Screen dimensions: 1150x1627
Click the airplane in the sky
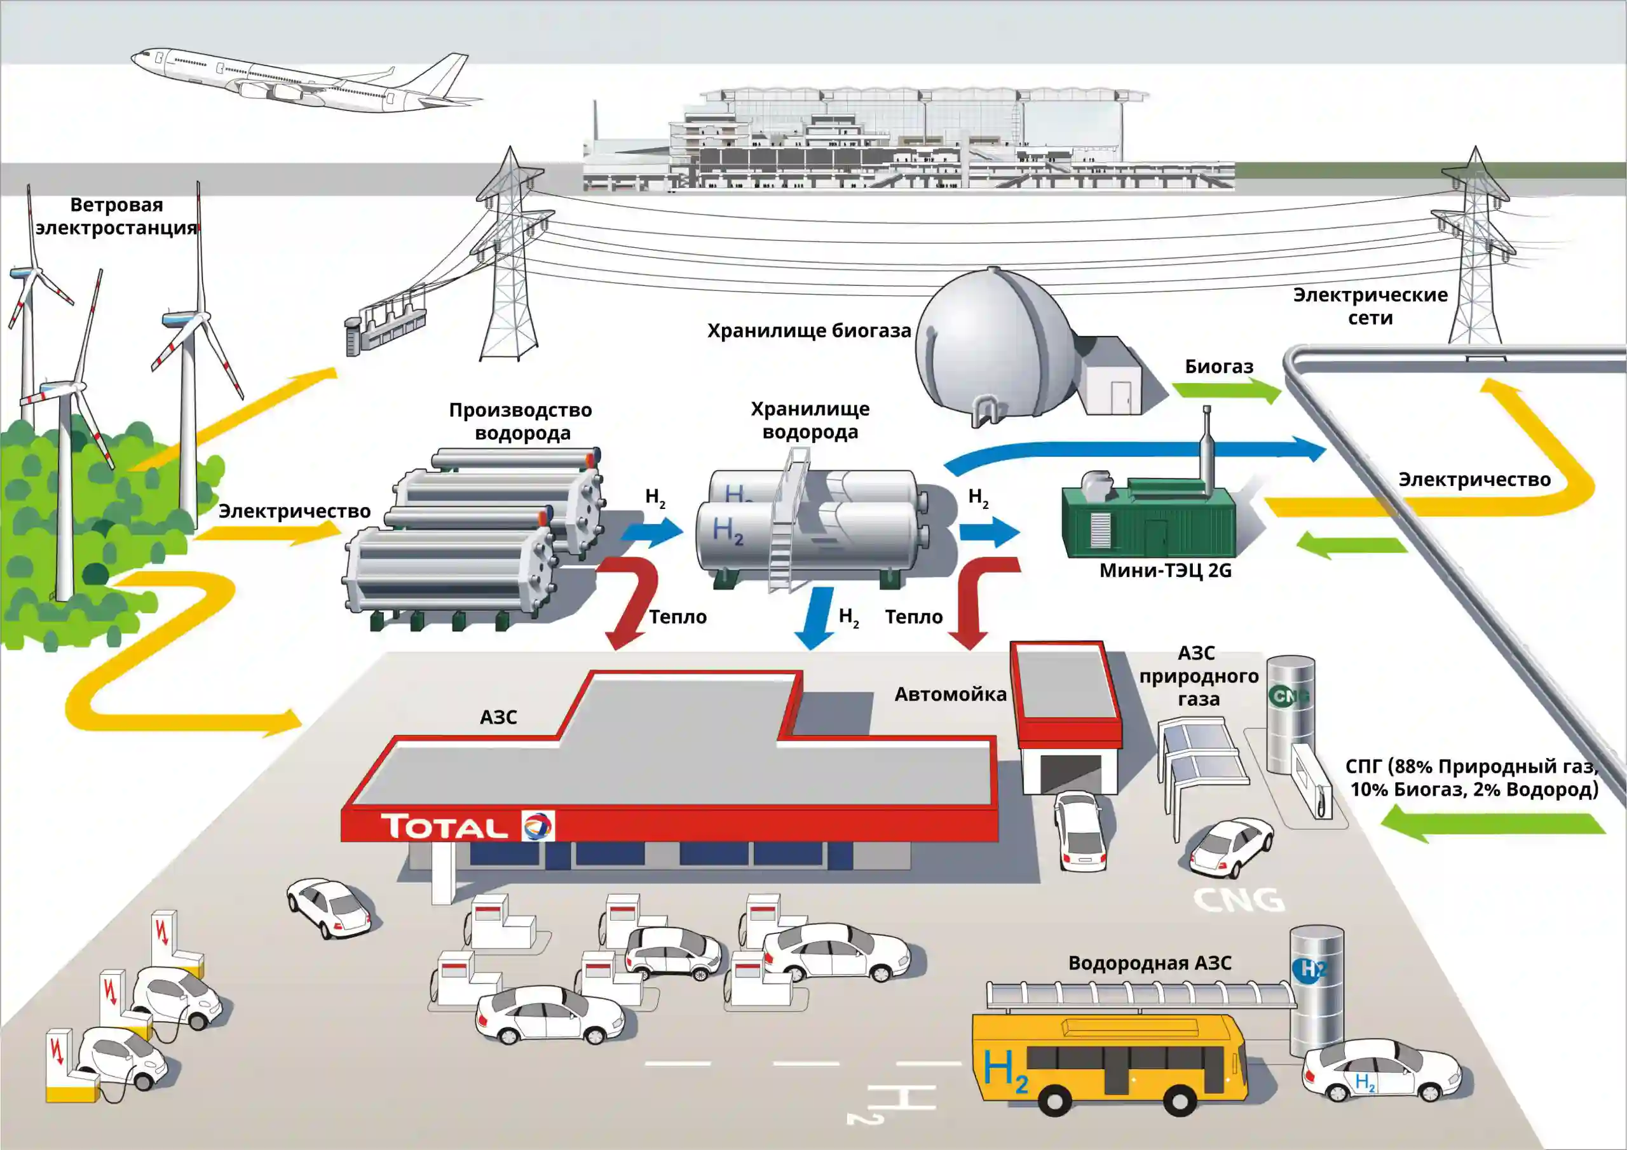[297, 81]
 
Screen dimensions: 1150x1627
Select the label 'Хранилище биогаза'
[808, 331]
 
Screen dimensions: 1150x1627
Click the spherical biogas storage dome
[996, 347]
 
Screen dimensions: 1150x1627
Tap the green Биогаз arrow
[1226, 390]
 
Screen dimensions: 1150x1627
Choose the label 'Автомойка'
[950, 694]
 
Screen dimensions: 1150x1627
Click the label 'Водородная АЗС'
[1150, 964]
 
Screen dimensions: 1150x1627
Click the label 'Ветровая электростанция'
[116, 216]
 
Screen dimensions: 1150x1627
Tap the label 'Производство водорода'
[521, 422]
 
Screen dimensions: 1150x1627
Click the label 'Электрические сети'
[1370, 306]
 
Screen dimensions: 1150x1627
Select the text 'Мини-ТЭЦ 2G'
[1165, 571]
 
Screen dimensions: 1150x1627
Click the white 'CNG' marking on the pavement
[1239, 900]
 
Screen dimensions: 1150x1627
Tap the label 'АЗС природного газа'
[1198, 676]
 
